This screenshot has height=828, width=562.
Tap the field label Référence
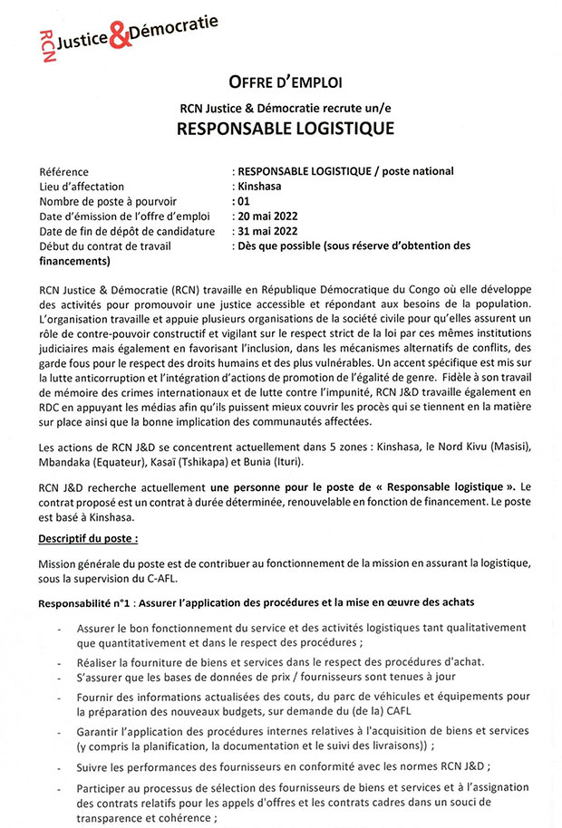[x=64, y=171]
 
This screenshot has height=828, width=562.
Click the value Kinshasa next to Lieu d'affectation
[x=258, y=186]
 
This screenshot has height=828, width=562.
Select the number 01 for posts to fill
[x=243, y=201]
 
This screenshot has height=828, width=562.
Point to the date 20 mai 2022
[x=267, y=216]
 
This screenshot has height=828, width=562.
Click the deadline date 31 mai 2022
[x=267, y=230]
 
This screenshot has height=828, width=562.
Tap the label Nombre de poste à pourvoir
[x=108, y=201]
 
